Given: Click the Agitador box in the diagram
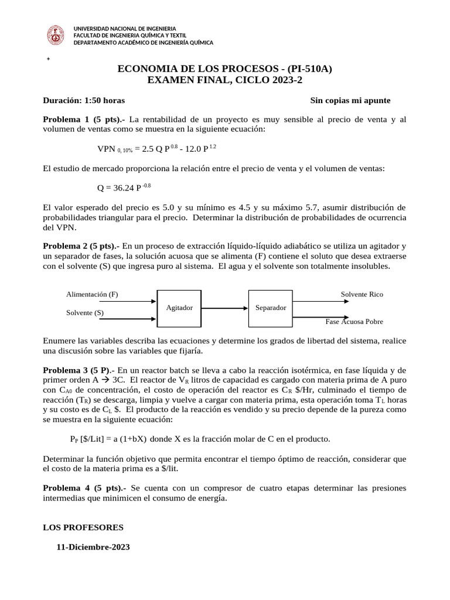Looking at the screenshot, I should (x=179, y=308).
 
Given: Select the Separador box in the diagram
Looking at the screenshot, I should (x=270, y=308).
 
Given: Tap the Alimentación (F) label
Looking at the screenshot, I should (x=92, y=294).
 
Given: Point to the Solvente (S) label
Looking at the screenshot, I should (x=85, y=312).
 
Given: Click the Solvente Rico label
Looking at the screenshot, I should (x=362, y=294).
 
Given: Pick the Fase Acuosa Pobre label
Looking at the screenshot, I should (x=354, y=322).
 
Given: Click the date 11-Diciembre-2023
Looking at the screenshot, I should (x=93, y=547).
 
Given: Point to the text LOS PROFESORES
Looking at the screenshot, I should (x=83, y=527).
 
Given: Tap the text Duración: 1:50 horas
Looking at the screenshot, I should (x=84, y=100).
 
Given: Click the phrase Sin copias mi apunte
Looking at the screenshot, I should (x=350, y=100).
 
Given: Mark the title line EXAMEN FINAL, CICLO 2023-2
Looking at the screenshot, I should (x=225, y=80).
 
